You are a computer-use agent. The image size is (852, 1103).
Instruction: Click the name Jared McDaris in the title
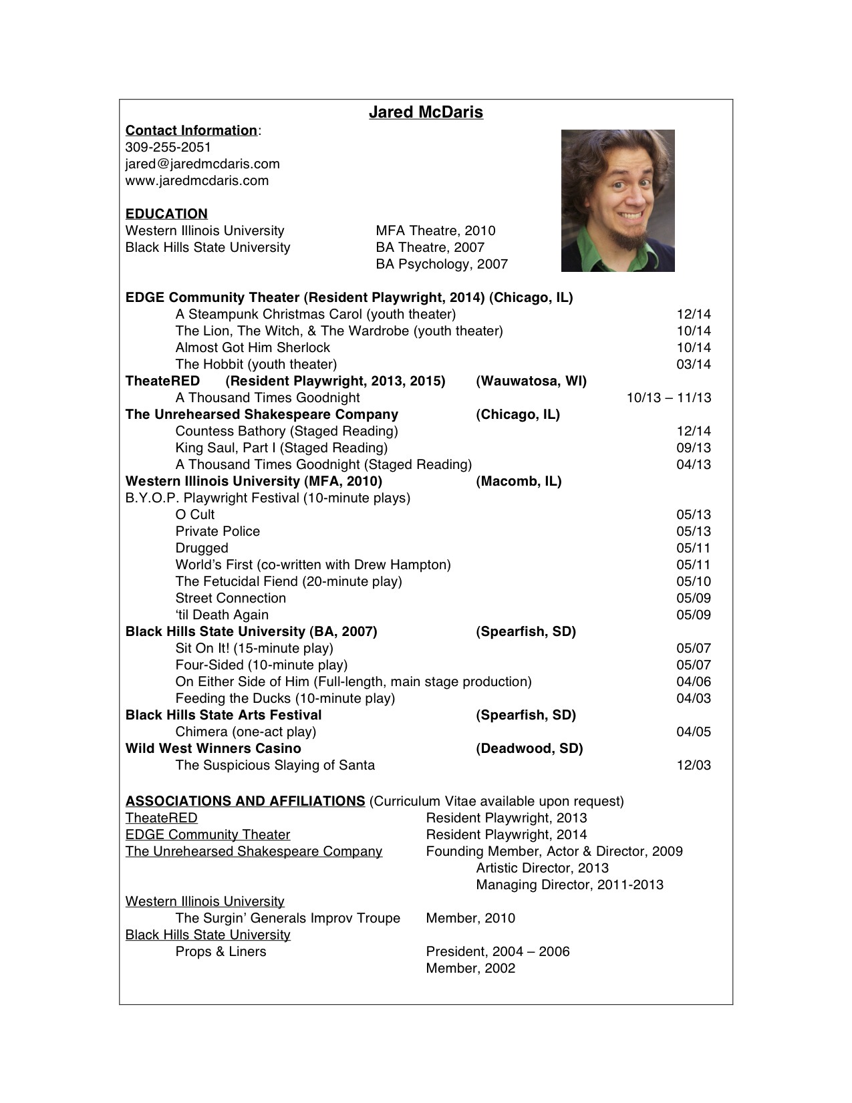click(x=426, y=112)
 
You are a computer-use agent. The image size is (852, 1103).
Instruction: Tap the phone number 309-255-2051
click(x=168, y=148)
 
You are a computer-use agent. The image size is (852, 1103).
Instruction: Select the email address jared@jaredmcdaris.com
click(x=202, y=164)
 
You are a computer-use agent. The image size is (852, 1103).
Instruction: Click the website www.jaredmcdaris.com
click(x=196, y=181)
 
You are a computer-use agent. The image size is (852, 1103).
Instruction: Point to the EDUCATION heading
click(x=166, y=214)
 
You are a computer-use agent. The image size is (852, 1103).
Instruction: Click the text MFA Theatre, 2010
click(x=435, y=231)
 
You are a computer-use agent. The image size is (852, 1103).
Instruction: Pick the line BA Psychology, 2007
click(x=441, y=265)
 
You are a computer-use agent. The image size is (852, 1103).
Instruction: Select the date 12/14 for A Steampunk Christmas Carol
click(x=693, y=315)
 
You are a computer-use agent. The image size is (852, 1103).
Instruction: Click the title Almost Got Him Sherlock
click(x=253, y=348)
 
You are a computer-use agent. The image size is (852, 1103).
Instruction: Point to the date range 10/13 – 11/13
click(x=668, y=398)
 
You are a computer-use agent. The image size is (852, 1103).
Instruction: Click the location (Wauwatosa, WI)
click(x=531, y=381)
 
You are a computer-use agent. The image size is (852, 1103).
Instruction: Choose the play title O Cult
click(x=194, y=515)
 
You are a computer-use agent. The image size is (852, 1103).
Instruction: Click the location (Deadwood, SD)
click(x=529, y=749)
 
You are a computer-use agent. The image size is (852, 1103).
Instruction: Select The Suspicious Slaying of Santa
click(x=275, y=766)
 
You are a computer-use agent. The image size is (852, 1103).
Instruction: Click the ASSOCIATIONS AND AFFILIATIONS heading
click(x=245, y=802)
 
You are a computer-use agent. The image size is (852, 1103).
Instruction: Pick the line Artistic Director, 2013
click(x=542, y=869)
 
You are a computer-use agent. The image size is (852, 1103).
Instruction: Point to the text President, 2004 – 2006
click(x=497, y=952)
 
